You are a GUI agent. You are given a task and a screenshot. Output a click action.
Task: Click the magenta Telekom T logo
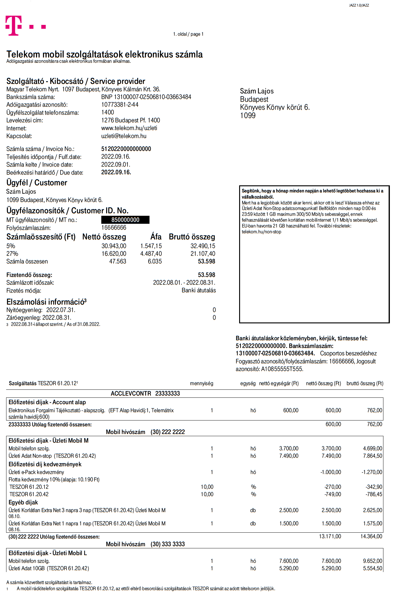tap(14, 26)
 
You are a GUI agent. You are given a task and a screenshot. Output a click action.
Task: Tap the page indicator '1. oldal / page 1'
tap(188, 34)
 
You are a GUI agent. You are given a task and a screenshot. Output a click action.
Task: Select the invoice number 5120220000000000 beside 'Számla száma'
tap(126, 149)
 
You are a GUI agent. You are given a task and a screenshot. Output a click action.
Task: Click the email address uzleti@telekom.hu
tap(124, 136)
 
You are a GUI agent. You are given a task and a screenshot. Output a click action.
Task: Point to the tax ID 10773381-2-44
tap(120, 105)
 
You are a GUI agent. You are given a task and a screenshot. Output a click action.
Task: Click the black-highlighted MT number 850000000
tap(125, 220)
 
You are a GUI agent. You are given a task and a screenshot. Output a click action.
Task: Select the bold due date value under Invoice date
tap(116, 172)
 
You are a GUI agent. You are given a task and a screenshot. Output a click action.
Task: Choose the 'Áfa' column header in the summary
tap(156, 237)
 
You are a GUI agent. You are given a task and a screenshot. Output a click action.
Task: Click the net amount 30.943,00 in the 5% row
tap(114, 246)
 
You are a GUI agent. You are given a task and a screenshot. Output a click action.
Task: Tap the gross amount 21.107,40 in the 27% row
tap(203, 254)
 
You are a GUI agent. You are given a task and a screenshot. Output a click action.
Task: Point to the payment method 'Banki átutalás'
tap(199, 290)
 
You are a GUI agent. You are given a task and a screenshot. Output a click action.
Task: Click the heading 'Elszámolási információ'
tap(46, 302)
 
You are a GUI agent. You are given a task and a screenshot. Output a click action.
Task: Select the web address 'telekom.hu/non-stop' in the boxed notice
tap(261, 232)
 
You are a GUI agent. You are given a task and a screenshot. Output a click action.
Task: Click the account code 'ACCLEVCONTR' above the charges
tap(131, 394)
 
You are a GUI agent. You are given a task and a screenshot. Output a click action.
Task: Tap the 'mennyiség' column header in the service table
tap(201, 384)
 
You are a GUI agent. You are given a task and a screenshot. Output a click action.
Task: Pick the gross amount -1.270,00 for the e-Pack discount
tap(372, 472)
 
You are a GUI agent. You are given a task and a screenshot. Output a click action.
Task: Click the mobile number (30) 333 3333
tap(168, 544)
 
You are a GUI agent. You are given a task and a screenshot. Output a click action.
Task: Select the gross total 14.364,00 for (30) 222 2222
tap(371, 537)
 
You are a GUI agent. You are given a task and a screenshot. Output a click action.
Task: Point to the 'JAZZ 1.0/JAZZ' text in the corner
tap(359, 6)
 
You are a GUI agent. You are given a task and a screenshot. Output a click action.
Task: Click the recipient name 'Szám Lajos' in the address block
tap(257, 91)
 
